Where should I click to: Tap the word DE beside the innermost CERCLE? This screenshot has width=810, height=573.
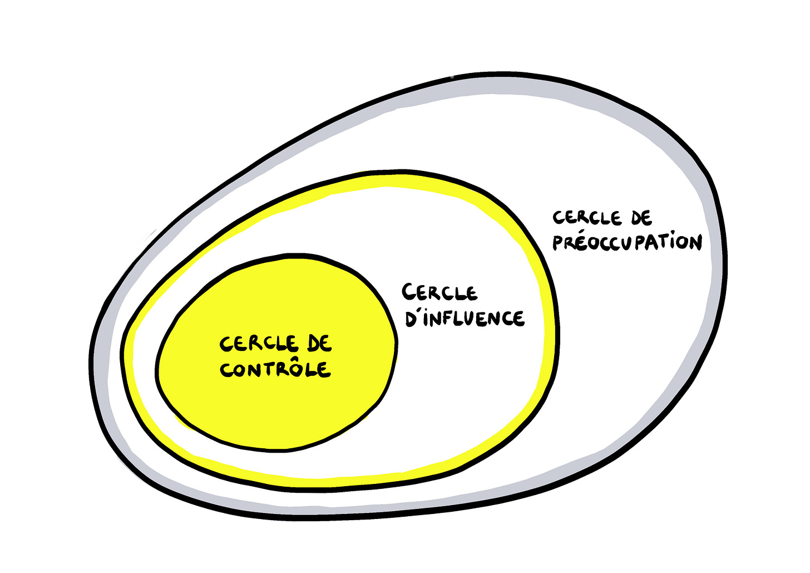[x=319, y=344]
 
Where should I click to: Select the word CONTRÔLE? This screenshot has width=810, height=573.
[x=275, y=369]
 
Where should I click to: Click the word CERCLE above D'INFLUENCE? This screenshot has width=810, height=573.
[x=439, y=292]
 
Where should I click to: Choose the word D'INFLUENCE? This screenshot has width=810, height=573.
[x=465, y=318]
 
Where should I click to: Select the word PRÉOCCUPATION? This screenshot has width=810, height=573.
[x=627, y=243]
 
